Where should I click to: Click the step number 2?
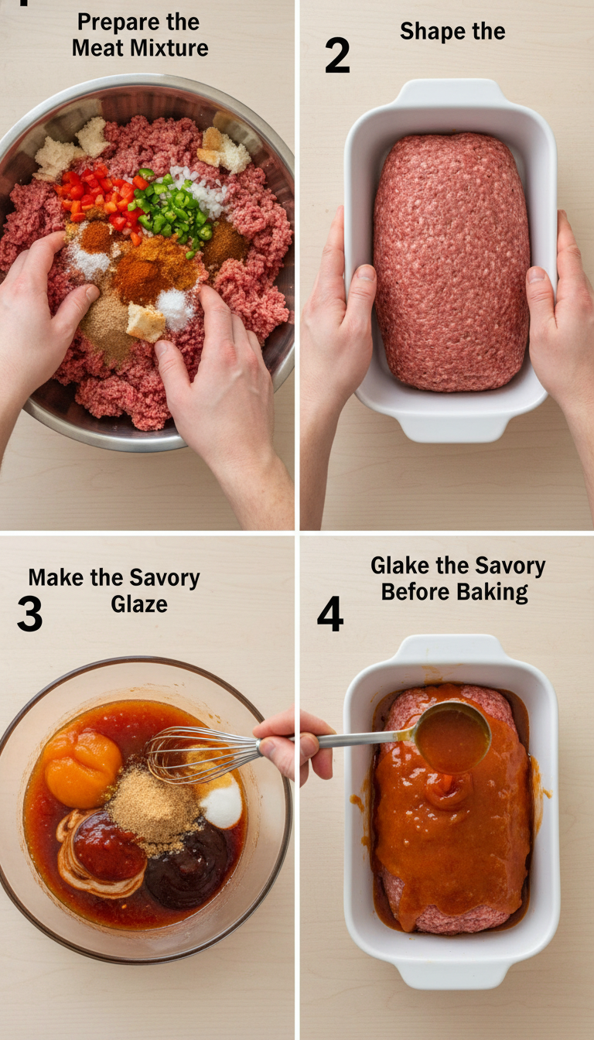tap(337, 56)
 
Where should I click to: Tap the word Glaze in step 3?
tap(139, 604)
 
